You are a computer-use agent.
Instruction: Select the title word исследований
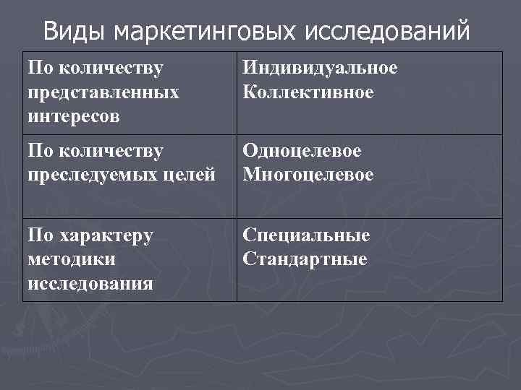pos(387,32)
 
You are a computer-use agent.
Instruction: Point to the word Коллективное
pos(308,92)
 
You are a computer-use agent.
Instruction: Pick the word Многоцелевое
pos(308,174)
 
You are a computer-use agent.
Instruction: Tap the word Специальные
pos(306,235)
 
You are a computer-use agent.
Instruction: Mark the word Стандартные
pos(305,259)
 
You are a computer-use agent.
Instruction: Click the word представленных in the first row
pos(103,92)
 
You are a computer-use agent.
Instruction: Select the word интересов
pos(74,116)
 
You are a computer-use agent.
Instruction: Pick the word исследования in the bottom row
pos(90,282)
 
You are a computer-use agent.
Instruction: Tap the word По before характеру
pos(40,235)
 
